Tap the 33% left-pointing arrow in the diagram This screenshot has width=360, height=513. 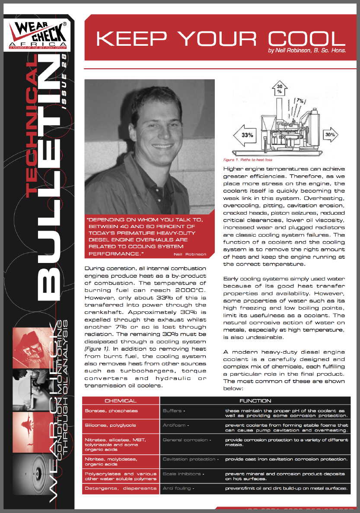tap(248, 135)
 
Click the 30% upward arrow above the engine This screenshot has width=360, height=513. tap(279, 89)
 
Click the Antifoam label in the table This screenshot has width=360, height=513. tap(174, 425)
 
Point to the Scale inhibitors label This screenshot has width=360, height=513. tap(182, 474)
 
